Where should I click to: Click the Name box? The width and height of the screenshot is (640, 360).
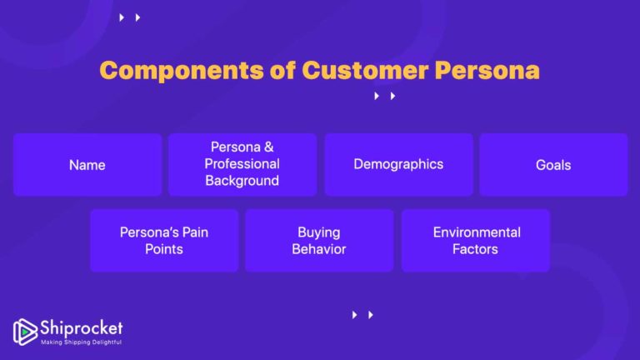point(87,165)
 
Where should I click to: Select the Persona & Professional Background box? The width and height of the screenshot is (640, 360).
point(242,165)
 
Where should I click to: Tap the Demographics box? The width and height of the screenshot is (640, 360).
point(398,165)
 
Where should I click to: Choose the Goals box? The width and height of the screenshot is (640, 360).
point(553,165)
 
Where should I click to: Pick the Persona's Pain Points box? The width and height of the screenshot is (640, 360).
point(164,241)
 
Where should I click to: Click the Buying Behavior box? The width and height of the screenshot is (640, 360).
point(319,241)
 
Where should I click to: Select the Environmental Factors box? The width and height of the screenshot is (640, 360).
point(476,241)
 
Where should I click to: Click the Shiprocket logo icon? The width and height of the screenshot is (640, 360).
point(25,330)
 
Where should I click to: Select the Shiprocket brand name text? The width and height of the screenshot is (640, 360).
point(81,327)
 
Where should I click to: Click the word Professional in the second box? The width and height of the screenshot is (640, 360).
point(242,164)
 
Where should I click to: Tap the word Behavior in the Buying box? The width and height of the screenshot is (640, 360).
point(319,249)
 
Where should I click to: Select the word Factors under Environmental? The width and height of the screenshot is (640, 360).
point(476,249)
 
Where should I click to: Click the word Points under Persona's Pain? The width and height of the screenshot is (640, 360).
point(164,249)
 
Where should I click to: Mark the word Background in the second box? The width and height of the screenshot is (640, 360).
point(242,180)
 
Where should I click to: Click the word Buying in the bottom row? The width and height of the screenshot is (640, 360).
point(319,232)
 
